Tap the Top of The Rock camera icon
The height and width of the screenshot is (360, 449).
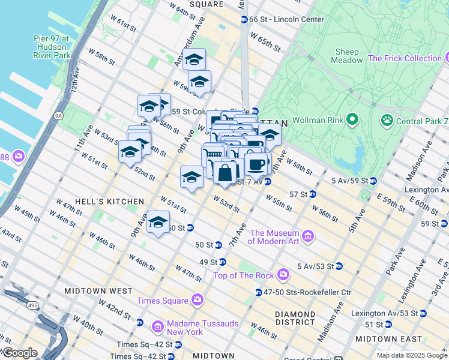[282, 275]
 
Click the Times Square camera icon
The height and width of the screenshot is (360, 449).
[197, 300]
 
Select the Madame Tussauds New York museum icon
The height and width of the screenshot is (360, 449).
[157, 327]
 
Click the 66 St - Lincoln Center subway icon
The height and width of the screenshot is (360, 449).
[244, 20]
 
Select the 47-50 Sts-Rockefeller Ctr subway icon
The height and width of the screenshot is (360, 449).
[258, 293]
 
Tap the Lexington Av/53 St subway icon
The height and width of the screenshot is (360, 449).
[423, 313]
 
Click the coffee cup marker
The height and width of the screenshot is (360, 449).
[256, 164]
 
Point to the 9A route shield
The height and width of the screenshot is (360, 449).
[58, 115]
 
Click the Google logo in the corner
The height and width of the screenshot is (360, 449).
[19, 353]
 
